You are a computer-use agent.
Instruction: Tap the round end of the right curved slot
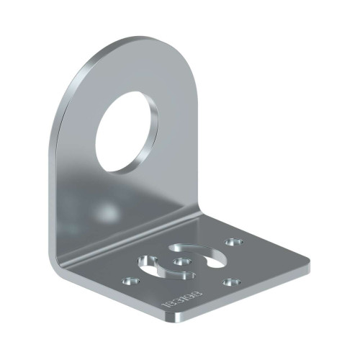tap(216, 264)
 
